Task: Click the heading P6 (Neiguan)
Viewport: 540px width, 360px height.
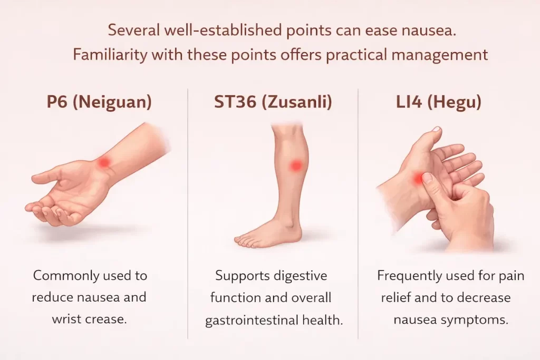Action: point(99,102)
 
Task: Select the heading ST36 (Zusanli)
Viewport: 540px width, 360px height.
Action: point(273,102)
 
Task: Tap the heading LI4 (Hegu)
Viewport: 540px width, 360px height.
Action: point(439,102)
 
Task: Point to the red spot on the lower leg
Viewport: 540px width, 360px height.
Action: point(296,166)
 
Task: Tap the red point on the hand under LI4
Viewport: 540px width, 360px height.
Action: point(419,179)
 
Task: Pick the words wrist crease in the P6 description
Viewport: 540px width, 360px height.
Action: point(90,319)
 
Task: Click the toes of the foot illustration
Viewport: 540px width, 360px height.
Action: point(246,241)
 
